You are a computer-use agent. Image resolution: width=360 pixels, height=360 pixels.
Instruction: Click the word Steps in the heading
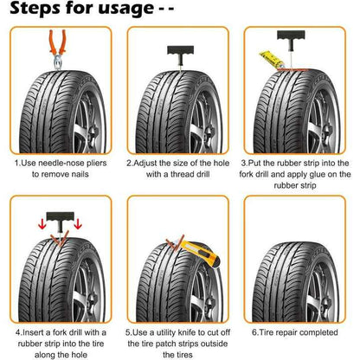[x=37, y=10]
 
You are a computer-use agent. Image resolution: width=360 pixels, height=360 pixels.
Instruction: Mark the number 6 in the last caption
[x=254, y=331]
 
